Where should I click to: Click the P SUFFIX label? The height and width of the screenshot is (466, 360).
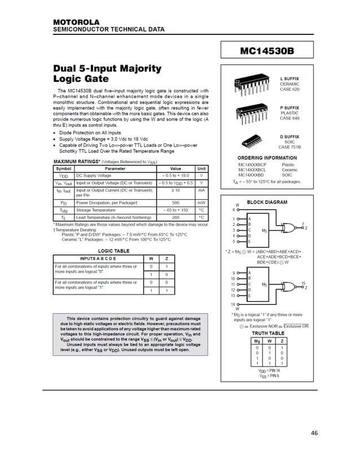[x=289, y=107]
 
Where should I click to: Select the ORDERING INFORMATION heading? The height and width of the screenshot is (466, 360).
[x=267, y=157]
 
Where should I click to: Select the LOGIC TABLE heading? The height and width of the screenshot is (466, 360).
[x=114, y=250]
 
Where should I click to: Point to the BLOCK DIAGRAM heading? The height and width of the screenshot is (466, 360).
[x=268, y=202]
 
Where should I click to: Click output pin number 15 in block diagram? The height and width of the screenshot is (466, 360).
[x=303, y=283]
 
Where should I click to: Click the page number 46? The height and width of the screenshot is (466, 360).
[x=314, y=433]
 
